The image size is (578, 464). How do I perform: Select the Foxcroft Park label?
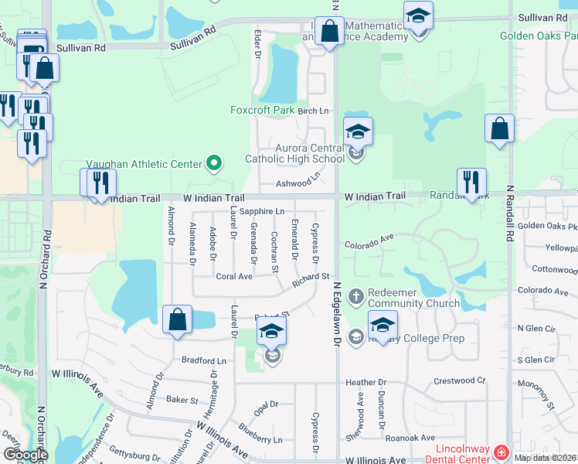click(262, 111)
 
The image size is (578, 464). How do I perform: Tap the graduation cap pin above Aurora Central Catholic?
click(358, 131)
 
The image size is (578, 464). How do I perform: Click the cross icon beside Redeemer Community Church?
click(355, 295)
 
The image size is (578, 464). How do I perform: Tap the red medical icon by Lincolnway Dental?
click(501, 451)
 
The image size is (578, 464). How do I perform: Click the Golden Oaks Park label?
click(538, 36)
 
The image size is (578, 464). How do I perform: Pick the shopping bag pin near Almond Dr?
click(178, 319)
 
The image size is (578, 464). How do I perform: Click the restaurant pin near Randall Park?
click(471, 183)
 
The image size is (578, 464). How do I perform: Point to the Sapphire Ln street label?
click(261, 211)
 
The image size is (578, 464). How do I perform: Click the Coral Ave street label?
click(234, 276)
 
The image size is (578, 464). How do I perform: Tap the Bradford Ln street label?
click(204, 360)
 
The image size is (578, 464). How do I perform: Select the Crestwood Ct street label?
click(459, 380)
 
